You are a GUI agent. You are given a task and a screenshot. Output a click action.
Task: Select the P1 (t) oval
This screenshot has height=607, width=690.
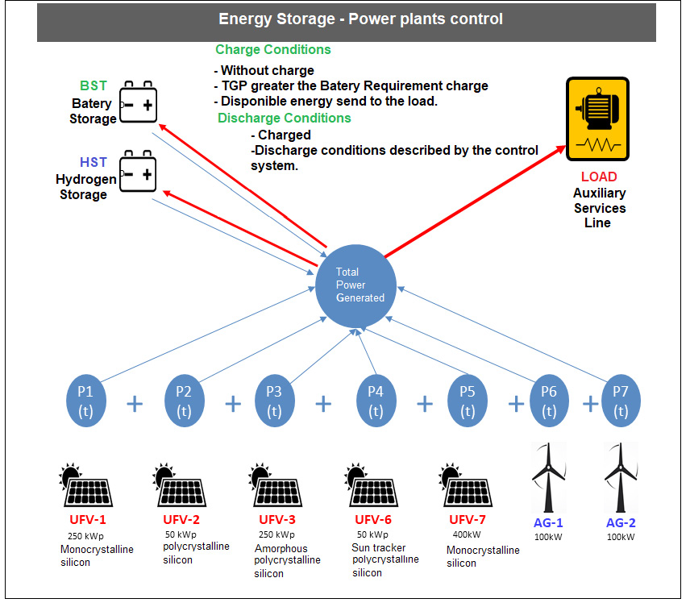85,401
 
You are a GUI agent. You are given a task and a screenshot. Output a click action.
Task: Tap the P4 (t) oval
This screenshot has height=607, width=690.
375,401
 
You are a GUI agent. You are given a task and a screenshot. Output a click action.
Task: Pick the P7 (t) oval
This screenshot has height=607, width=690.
620,401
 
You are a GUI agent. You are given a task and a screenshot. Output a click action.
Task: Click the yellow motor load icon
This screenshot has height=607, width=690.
597,119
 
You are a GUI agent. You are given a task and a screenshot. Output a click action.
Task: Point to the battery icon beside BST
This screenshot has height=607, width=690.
138,104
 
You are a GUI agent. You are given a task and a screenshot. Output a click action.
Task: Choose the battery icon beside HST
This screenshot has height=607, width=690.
138,169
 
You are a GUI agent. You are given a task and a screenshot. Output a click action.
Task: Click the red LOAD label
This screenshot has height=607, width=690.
599,177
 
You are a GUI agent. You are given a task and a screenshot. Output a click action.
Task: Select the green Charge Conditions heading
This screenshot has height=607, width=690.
273,49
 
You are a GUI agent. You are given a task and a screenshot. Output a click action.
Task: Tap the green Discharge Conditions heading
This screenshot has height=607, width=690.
284,118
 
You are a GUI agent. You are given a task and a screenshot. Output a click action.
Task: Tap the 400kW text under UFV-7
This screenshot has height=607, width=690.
468,534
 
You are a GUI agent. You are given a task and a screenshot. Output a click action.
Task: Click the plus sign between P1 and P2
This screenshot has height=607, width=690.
135,403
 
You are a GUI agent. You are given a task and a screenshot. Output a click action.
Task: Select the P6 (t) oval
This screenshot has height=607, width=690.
549,401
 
